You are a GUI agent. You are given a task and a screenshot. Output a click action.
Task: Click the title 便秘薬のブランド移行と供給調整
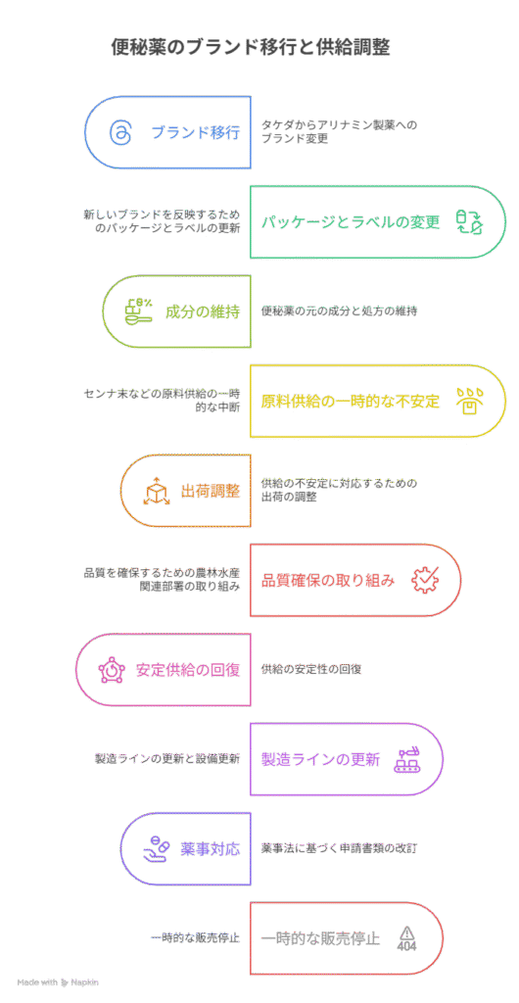click(x=251, y=47)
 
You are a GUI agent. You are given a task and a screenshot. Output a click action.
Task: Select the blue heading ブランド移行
click(x=196, y=132)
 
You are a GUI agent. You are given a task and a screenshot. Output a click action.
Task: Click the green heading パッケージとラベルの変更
click(x=351, y=222)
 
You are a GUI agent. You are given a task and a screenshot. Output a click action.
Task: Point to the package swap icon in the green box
click(x=469, y=222)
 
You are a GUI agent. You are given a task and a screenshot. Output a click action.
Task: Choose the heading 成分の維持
click(x=203, y=311)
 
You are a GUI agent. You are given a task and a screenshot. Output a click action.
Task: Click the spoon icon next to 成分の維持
click(x=137, y=310)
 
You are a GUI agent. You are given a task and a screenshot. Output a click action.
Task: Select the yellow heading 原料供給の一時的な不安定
click(x=351, y=401)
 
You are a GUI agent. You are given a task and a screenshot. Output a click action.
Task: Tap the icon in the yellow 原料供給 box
click(x=469, y=401)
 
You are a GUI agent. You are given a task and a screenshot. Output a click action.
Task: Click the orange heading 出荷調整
click(x=211, y=491)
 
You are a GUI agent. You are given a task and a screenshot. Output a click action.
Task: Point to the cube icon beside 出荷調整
click(x=156, y=492)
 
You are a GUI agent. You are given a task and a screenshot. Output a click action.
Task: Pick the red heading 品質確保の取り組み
click(x=328, y=580)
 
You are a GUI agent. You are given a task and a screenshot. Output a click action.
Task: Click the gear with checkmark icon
click(x=424, y=580)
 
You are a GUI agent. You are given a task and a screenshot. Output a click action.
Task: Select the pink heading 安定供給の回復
click(x=188, y=670)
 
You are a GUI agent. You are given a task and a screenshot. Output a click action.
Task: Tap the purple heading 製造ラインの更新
click(x=321, y=759)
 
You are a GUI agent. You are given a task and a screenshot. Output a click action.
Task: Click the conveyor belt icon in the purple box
click(x=408, y=759)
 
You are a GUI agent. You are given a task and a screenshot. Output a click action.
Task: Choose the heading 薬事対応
click(x=211, y=849)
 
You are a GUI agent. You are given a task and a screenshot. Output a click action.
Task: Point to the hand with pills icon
click(x=157, y=849)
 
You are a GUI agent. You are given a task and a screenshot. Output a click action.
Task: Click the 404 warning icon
click(x=406, y=938)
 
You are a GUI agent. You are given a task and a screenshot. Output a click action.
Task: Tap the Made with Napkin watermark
click(x=58, y=981)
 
